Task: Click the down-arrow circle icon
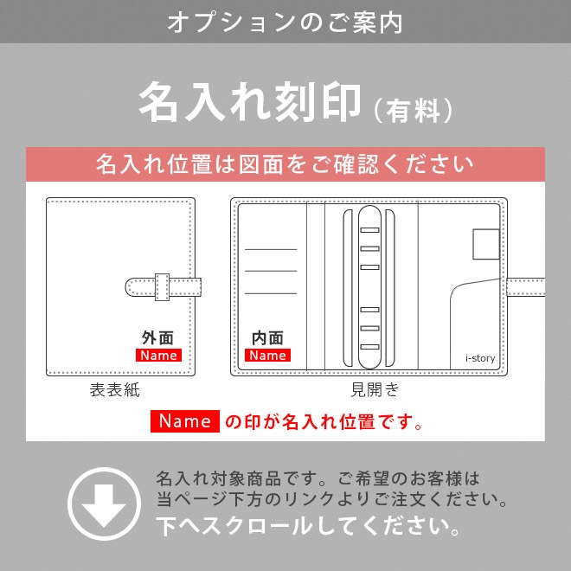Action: (104, 503)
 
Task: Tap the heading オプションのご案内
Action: (285, 22)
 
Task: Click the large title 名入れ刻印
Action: (249, 102)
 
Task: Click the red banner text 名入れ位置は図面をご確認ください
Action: (285, 164)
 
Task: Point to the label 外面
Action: (157, 338)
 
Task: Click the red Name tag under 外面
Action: (158, 356)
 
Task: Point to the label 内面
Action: (267, 338)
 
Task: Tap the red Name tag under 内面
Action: (267, 356)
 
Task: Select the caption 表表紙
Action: (114, 390)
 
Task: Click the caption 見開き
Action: (375, 390)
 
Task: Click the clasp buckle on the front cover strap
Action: (162, 286)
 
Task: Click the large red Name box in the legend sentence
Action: (185, 421)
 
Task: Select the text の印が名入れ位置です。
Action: (324, 422)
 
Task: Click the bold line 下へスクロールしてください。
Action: (307, 525)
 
